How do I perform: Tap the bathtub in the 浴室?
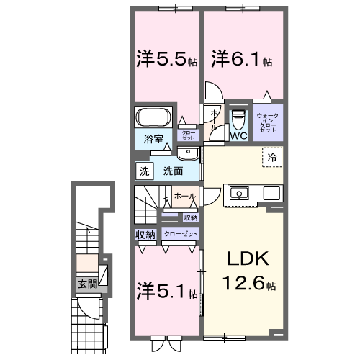(153, 117)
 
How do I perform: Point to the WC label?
(238, 134)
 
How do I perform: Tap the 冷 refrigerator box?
(272, 157)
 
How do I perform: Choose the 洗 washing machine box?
(143, 171)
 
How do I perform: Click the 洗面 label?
(171, 171)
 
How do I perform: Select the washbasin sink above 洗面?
(188, 153)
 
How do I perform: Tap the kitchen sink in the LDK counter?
(238, 194)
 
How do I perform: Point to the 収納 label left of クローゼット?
(145, 234)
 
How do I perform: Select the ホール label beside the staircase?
(182, 195)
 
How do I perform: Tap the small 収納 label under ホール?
(190, 217)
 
